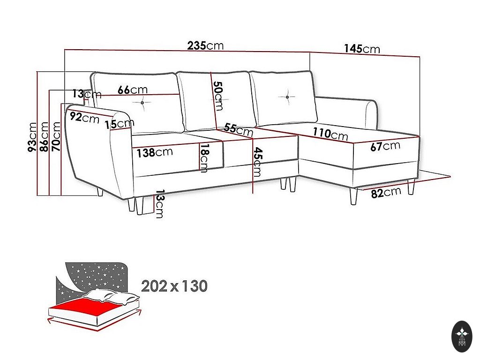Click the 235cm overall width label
coord(205,45)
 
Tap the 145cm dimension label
coord(362,49)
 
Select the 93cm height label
coord(32,136)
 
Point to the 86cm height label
coord(44,136)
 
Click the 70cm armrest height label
coord(56,136)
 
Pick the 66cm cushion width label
coord(133,90)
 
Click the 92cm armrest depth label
coord(84,117)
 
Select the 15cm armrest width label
coord(120,124)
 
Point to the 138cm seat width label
coord(155,152)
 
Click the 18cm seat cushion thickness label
coord(204,158)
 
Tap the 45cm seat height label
coord(257,162)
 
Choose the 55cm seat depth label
coord(239,129)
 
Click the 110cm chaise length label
coord(330,134)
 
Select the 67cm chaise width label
coord(385,146)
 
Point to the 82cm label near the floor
coord(386,193)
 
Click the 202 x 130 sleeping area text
coord(174,286)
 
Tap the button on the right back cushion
coord(287,97)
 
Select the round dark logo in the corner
coord(462,337)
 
